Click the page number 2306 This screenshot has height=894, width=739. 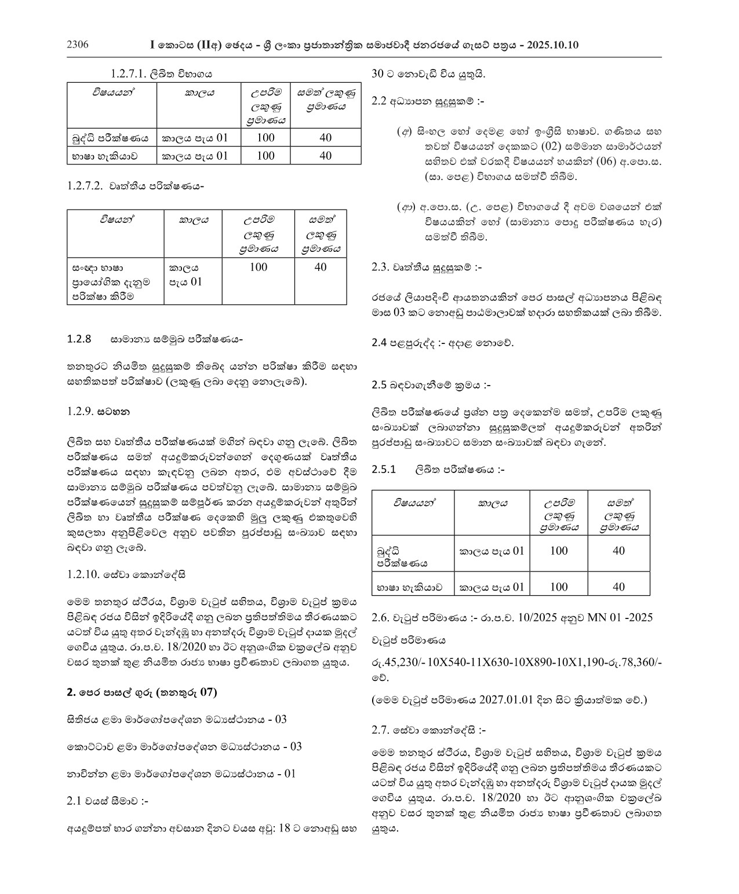point(78,45)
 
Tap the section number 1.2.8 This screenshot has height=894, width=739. point(79,339)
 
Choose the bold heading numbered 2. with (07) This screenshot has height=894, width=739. point(142,692)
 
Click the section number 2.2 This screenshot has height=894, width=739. point(378,101)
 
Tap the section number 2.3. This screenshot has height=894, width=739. point(380,268)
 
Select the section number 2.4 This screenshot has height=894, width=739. point(378,342)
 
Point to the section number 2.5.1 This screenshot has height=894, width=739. point(383,470)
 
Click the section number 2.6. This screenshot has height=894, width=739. point(380,617)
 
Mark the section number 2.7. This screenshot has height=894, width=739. point(380,730)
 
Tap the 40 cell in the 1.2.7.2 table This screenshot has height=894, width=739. point(321,267)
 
